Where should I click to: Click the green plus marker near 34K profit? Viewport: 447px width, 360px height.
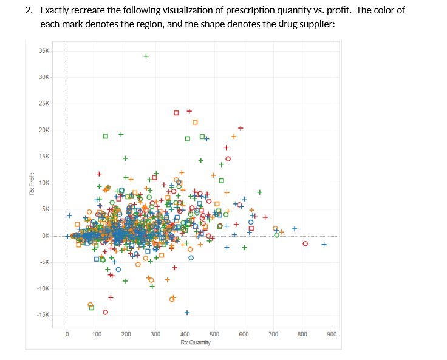pos(146,56)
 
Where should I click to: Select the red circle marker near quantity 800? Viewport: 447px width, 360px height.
pos(305,243)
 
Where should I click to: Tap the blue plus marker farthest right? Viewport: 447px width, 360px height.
pos(324,245)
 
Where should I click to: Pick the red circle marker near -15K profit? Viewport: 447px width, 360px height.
pos(105,312)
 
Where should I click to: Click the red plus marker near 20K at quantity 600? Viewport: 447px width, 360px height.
pos(241,127)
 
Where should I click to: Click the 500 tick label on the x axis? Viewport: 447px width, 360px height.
pos(214,335)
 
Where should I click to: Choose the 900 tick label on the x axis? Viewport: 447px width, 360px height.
pos(332,335)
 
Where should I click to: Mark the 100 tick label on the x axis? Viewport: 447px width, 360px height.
pos(97,335)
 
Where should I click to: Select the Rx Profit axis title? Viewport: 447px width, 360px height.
pos(31,183)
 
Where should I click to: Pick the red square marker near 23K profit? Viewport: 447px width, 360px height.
pos(176,112)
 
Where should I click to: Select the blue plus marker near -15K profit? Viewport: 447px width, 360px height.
pos(187,313)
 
